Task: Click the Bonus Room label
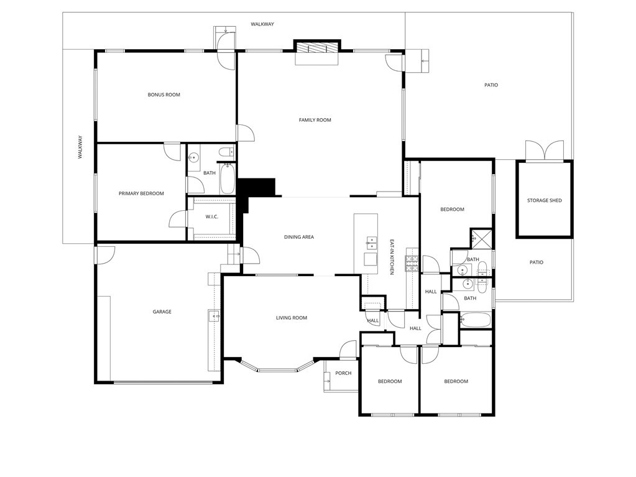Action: tap(164, 95)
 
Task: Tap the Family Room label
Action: tap(315, 119)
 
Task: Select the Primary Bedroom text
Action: tap(141, 193)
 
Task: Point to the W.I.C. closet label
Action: tap(212, 216)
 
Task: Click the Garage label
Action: tap(162, 312)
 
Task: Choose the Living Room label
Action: tap(292, 318)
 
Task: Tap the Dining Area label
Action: tap(299, 237)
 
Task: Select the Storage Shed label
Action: tap(545, 200)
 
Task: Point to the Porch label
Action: tap(343, 373)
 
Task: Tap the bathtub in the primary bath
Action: tap(227, 178)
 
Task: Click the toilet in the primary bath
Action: tap(226, 152)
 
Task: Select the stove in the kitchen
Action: tap(412, 264)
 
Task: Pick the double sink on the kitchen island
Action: tap(371, 243)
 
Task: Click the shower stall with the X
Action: tap(481, 238)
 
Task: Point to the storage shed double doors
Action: tap(545, 150)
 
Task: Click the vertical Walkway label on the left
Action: tap(80, 147)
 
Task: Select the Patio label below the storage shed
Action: tap(537, 262)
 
